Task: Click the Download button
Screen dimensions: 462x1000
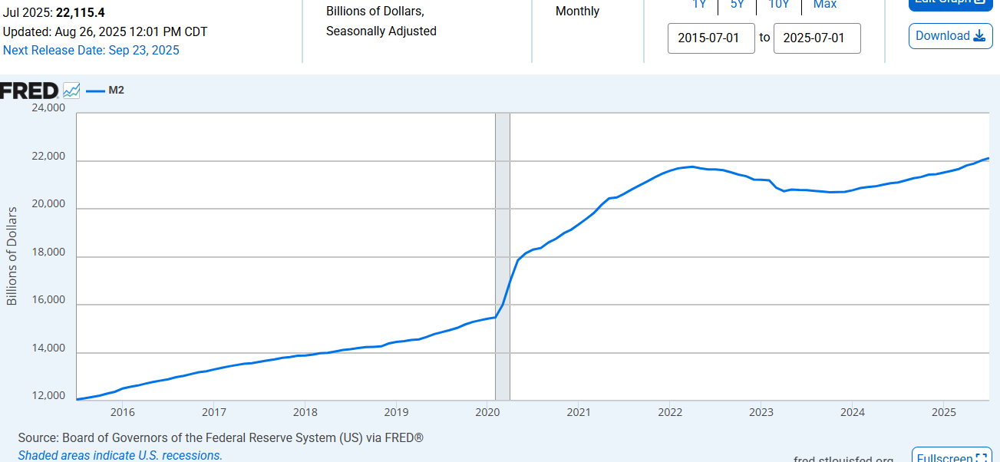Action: tap(950, 36)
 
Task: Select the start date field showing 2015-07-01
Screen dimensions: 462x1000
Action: tap(711, 38)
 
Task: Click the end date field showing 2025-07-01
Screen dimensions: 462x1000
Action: tap(817, 38)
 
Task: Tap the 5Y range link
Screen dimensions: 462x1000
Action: tap(737, 5)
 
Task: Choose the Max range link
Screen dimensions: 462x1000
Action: tap(825, 5)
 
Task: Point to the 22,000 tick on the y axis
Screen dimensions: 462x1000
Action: tap(48, 157)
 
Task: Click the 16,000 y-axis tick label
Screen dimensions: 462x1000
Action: tap(48, 301)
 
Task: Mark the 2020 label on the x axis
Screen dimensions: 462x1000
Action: tap(487, 412)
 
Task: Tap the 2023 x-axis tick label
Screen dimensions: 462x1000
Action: tap(761, 412)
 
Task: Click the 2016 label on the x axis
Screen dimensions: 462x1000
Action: tap(123, 412)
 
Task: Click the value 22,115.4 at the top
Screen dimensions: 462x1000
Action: tap(80, 12)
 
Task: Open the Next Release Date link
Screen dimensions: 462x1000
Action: tap(91, 51)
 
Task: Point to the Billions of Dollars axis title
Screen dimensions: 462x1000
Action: tap(12, 256)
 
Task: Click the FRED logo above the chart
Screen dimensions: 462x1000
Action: tap(29, 91)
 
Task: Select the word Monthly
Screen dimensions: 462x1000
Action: tap(577, 12)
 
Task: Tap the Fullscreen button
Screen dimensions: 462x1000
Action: tap(951, 457)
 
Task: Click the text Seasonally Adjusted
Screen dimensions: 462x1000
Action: tap(381, 31)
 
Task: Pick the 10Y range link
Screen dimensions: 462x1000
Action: tap(779, 5)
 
